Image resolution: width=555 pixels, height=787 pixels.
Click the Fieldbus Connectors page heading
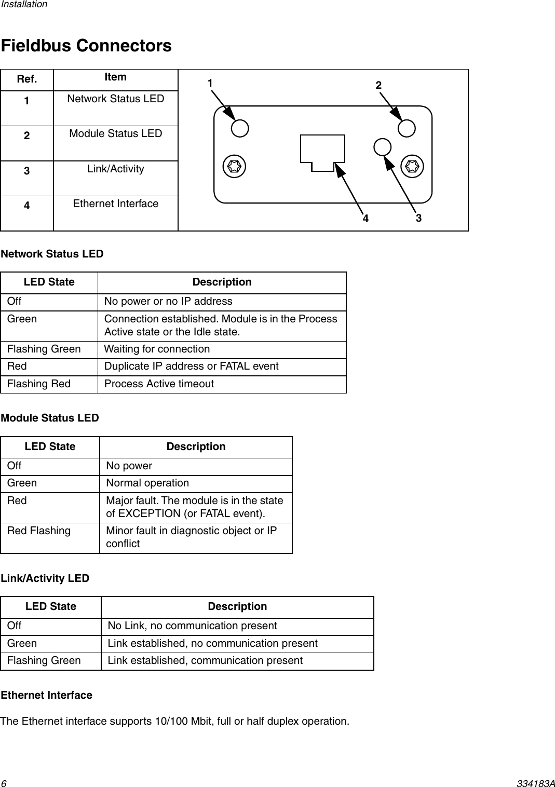click(86, 46)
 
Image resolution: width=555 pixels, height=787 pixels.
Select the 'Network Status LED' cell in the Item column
click(115, 99)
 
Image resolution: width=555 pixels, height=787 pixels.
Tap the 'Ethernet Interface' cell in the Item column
click(115, 203)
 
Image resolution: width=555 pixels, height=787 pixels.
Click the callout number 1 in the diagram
click(210, 83)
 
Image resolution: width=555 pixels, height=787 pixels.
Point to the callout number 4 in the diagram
click(366, 219)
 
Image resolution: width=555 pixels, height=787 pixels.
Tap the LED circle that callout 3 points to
click(382, 147)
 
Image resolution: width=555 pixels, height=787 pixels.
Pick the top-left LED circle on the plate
click(240, 128)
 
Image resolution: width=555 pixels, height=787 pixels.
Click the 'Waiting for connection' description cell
click(157, 349)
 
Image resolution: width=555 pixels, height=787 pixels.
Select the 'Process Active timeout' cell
click(159, 384)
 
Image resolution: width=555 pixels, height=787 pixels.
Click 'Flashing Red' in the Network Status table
click(39, 384)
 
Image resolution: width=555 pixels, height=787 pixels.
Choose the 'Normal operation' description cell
click(147, 483)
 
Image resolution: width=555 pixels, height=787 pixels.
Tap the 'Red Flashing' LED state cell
click(39, 531)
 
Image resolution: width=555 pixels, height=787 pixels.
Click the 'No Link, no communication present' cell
click(192, 626)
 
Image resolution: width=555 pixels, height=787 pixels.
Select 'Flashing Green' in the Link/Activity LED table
click(44, 660)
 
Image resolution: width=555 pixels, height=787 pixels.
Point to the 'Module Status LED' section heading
click(50, 418)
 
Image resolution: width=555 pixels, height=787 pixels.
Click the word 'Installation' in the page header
click(23, 4)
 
